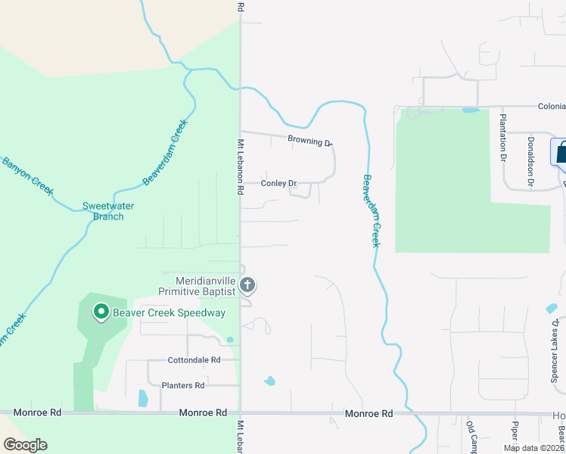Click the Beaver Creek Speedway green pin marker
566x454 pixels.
pyautogui.click(x=100, y=312)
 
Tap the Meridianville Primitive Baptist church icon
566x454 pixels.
pyautogui.click(x=247, y=285)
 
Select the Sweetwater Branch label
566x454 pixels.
pyautogui.click(x=103, y=211)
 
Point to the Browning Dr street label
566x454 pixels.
pyautogui.click(x=309, y=140)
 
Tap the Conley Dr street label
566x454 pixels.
pyautogui.click(x=278, y=183)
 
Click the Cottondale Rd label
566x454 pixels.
pyautogui.click(x=194, y=360)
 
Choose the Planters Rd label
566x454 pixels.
pyautogui.click(x=183, y=385)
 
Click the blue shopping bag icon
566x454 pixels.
pyautogui.click(x=561, y=152)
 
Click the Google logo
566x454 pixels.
pyautogui.click(x=25, y=445)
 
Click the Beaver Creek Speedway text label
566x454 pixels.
pyautogui.click(x=169, y=313)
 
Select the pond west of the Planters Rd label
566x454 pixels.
pyautogui.click(x=143, y=397)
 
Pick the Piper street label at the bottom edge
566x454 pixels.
pyautogui.click(x=516, y=432)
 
